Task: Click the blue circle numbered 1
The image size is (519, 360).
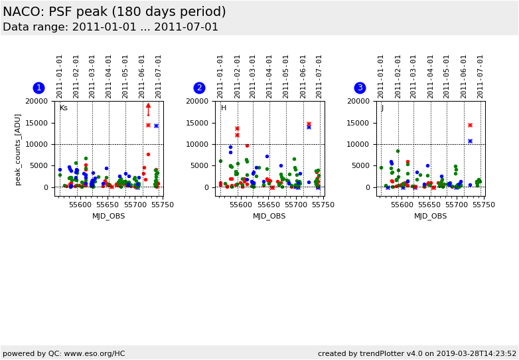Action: [x=38, y=88]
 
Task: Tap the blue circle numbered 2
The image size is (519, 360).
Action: [x=199, y=88]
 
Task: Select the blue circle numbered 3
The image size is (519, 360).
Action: [x=360, y=88]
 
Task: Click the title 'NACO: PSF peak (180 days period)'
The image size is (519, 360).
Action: [x=114, y=12]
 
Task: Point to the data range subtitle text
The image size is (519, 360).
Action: [x=110, y=27]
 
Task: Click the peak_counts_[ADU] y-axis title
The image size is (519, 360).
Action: [x=18, y=149]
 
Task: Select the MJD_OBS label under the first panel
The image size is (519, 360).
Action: [x=109, y=216]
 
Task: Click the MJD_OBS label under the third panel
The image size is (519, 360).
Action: [x=431, y=216]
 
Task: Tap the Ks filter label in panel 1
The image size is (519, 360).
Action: [x=64, y=108]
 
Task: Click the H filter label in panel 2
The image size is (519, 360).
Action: [x=224, y=108]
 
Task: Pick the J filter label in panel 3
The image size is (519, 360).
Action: [x=382, y=108]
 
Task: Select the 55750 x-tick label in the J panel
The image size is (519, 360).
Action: [x=484, y=205]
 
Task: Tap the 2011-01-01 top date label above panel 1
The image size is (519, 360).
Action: [x=60, y=76]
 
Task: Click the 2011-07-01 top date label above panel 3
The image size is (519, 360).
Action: [x=481, y=76]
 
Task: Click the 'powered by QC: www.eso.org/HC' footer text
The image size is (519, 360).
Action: [x=64, y=353]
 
